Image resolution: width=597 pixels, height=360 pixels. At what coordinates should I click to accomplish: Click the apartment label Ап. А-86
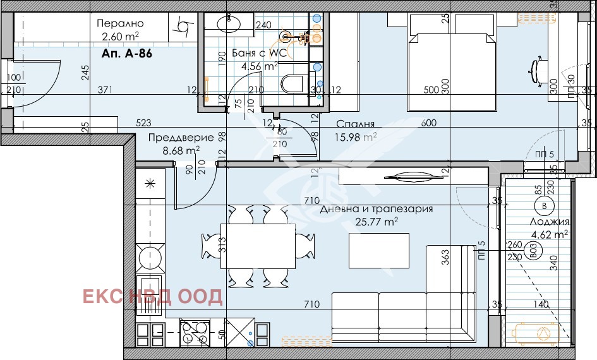(x=126, y=54)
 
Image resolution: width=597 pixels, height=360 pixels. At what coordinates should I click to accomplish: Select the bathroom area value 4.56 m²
(x=263, y=65)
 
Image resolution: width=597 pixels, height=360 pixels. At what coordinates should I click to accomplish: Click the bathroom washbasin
(x=226, y=24)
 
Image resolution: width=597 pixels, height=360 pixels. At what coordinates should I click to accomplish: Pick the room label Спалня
(x=356, y=124)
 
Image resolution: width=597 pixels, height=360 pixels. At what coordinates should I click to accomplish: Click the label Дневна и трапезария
(x=376, y=210)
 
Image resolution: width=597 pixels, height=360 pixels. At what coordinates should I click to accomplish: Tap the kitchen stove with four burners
(x=195, y=332)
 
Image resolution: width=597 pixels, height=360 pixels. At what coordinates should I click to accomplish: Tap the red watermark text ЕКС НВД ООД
(x=154, y=296)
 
